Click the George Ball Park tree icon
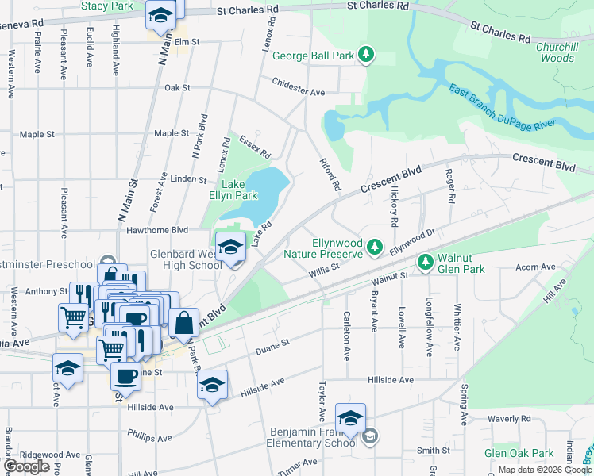point(366,56)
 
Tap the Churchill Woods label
point(566,52)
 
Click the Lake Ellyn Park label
point(239,190)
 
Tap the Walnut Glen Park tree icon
point(426,261)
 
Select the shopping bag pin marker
point(183,323)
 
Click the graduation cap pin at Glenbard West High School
point(229,248)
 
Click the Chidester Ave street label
point(299,87)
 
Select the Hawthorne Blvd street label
point(156,230)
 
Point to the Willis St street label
point(324,270)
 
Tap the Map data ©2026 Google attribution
point(538,470)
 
